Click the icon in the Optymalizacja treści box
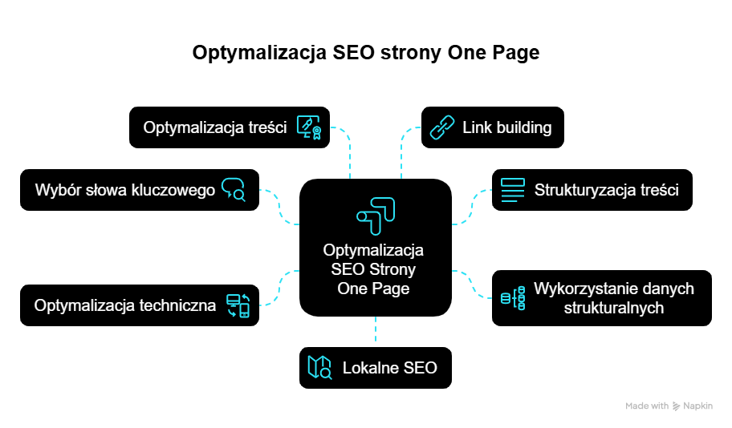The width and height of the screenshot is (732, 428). point(309,127)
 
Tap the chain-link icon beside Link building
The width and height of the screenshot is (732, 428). point(442,127)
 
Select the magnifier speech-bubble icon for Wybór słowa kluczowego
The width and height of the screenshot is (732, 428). point(233,190)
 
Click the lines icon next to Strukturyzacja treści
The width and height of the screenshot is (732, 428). point(513,190)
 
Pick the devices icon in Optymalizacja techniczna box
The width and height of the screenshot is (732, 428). point(238,305)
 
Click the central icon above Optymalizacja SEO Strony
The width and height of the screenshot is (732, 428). point(375,216)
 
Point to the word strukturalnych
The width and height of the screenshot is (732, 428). point(613,307)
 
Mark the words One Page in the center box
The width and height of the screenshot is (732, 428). point(374,289)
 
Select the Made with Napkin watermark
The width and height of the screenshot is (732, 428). point(669,406)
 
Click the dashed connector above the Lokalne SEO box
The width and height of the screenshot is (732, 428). point(376,331)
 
